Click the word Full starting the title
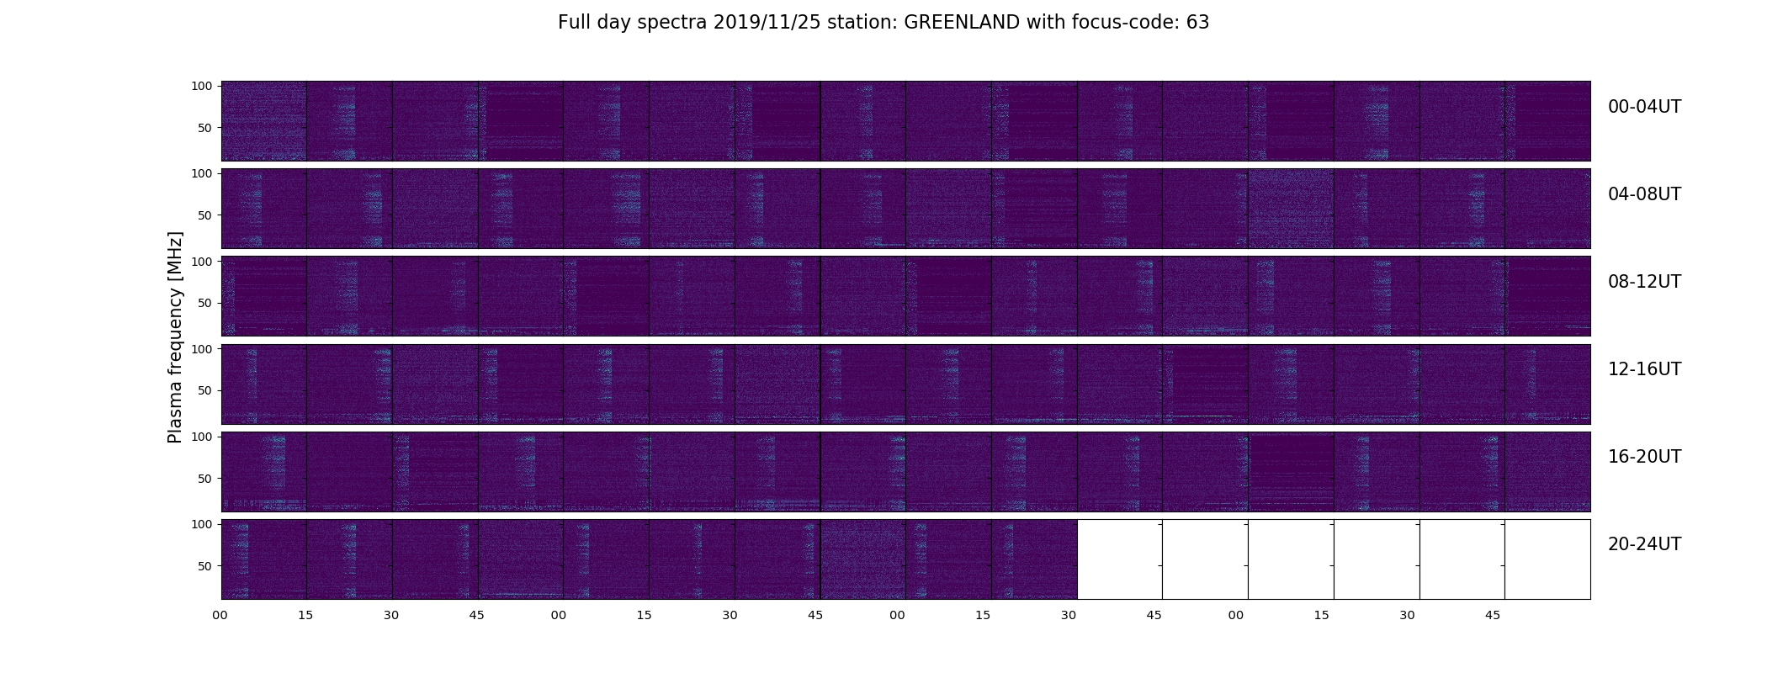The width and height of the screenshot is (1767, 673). pos(574,23)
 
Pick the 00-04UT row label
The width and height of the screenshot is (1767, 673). pos(1644,107)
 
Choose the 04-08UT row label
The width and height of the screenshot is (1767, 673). pos(1644,194)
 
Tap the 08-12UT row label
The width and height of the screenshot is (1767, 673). pos(1644,282)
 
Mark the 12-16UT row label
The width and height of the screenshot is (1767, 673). pos(1644,369)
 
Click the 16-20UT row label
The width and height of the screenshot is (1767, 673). pos(1644,457)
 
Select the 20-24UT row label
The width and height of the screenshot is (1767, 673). pos(1644,544)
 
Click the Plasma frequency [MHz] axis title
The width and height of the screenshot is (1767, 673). pos(175,337)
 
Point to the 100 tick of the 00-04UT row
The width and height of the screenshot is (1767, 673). pos(202,86)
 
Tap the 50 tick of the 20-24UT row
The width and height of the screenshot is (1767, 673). pos(205,566)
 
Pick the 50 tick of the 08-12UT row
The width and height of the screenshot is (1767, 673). pos(205,303)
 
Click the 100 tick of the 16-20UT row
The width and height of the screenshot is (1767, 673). pos(202,437)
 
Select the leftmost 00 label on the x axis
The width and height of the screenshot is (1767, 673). pos(220,616)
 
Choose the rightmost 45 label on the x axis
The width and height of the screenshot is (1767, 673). pos(1493,616)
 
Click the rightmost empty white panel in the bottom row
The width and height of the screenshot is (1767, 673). pos(1547,559)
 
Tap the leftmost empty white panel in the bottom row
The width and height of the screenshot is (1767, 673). pos(1120,559)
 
